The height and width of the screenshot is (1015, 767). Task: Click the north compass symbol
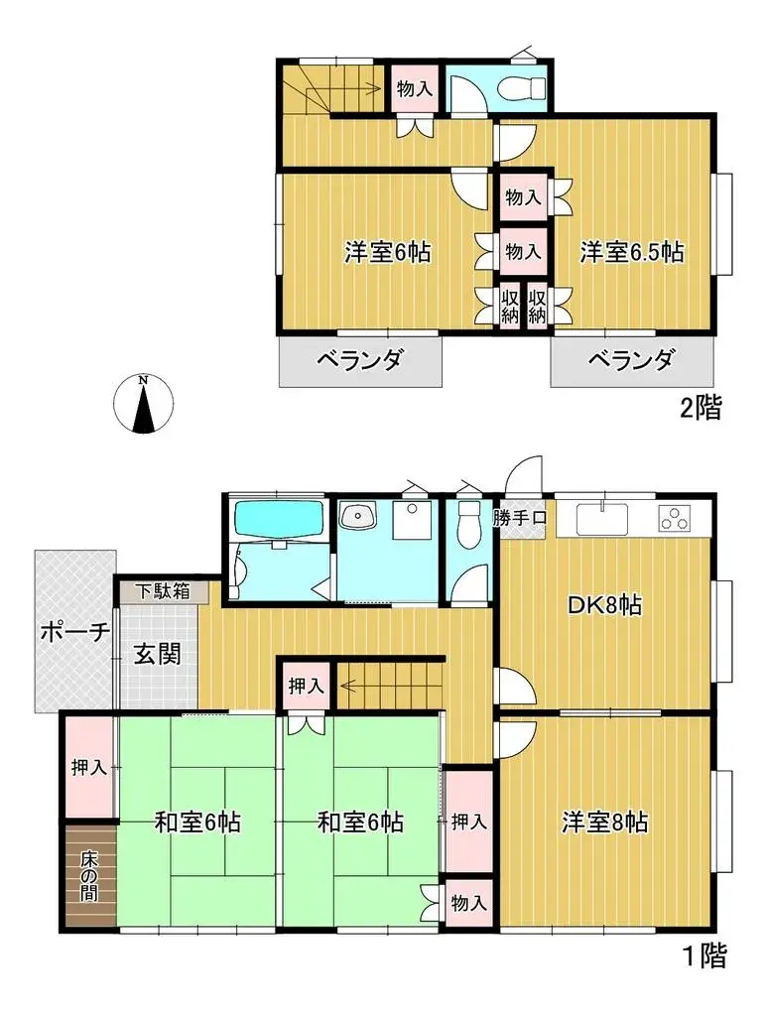[x=144, y=404]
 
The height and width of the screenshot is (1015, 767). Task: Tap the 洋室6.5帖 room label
[x=632, y=252]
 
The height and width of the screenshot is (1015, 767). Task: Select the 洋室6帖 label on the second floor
[x=387, y=252]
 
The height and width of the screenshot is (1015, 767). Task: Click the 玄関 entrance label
[x=158, y=655]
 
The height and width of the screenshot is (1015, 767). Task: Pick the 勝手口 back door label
[x=519, y=517]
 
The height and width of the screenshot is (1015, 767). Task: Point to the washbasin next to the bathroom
[x=357, y=516]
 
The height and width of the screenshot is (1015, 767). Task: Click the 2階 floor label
[x=701, y=407]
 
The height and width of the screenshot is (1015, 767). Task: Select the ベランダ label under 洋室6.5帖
[x=631, y=361]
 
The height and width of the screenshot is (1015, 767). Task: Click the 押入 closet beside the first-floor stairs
[x=306, y=685]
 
